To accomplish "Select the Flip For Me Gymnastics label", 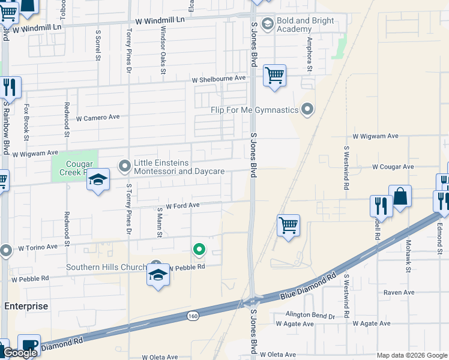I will tap(254, 110).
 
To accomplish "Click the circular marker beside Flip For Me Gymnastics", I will tap(308, 109).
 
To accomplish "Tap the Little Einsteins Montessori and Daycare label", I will tap(179, 167).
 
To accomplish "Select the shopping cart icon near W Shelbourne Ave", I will tap(274, 76).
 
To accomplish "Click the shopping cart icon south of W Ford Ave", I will tap(288, 226).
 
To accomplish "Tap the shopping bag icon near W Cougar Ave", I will tap(400, 196).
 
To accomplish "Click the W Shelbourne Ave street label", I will tap(219, 79).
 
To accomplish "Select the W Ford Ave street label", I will tap(182, 205).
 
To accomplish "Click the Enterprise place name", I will tap(26, 306).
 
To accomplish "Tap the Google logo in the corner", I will tap(20, 353).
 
